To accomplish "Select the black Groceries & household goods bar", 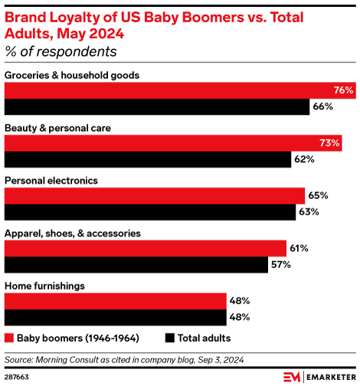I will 156,107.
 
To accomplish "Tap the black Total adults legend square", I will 169,337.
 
